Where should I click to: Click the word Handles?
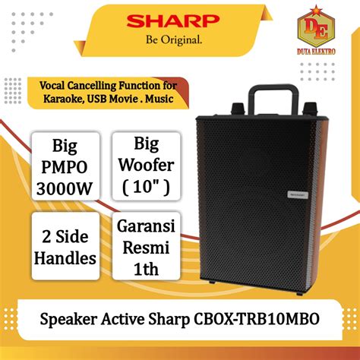click(x=65, y=259)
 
